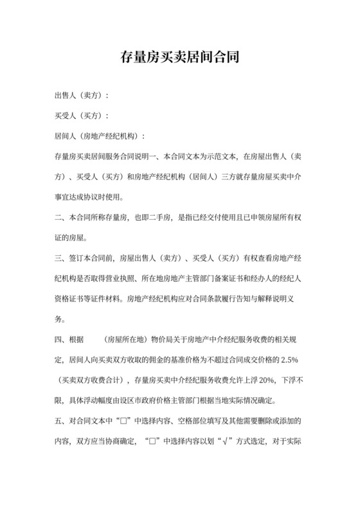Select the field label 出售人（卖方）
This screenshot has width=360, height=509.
click(x=80, y=96)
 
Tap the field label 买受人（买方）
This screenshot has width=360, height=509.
click(x=80, y=116)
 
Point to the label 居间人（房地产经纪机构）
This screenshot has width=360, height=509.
click(x=99, y=137)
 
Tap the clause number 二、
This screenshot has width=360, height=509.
click(x=59, y=218)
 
